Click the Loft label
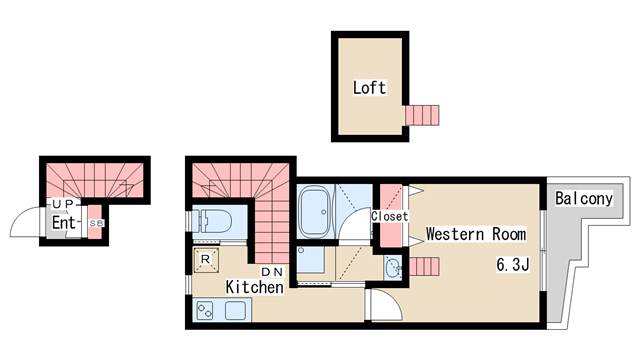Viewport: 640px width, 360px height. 369,88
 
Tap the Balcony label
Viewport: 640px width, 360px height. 584,199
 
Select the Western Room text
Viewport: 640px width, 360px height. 476,234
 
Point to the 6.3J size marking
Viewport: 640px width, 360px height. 513,265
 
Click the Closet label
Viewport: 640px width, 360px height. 389,216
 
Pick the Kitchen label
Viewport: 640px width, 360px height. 255,287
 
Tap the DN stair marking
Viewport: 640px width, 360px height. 272,272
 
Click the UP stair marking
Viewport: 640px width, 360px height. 63,203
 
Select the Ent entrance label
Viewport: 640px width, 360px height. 64,223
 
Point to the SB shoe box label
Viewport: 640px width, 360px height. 96,223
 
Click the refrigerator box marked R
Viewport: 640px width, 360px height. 206,260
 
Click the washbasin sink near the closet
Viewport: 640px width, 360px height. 393,267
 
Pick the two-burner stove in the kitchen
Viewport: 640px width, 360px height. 205,310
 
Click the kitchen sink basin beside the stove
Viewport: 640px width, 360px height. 235,311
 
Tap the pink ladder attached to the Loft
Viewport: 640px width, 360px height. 422,115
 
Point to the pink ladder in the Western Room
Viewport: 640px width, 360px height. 424,267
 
